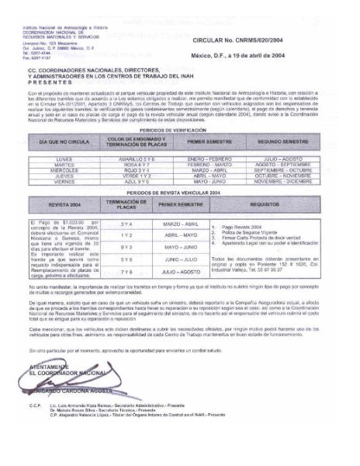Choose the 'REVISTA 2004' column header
(65, 205)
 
